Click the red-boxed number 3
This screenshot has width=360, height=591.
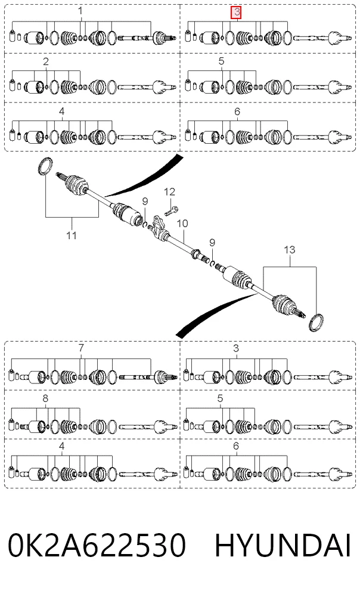tap(237, 13)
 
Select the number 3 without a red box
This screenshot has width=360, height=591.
tap(236, 348)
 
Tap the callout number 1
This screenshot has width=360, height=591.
tap(80, 11)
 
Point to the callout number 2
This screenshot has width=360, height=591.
tap(46, 61)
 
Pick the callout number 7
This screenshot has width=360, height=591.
tap(81, 348)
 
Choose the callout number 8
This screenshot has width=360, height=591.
tap(45, 398)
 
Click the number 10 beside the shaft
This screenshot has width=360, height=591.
tap(182, 224)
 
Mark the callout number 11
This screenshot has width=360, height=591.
tap(72, 235)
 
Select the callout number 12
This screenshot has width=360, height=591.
tap(169, 192)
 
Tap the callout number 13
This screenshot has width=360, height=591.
tap(289, 249)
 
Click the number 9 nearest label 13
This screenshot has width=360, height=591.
tap(212, 243)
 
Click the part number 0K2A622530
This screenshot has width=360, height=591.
tap(97, 545)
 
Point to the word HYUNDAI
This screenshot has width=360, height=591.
tap(283, 545)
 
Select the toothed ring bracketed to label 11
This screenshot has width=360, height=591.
tap(45, 166)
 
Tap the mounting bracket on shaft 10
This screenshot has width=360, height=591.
tap(159, 226)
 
